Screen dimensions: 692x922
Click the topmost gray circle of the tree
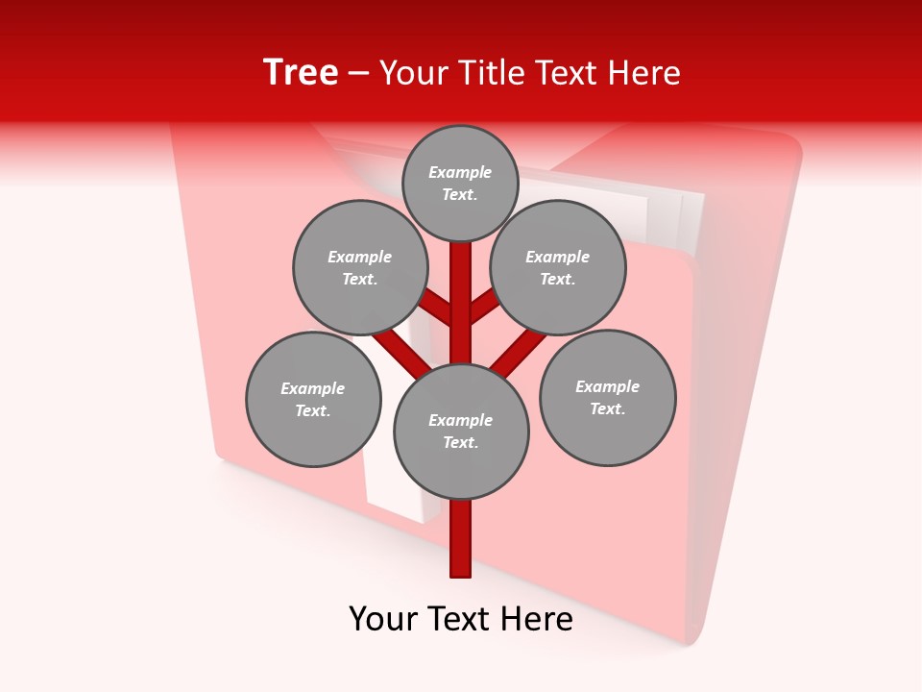pos(460,183)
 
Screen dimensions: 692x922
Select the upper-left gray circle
pos(360,267)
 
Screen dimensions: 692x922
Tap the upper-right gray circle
pos(558,267)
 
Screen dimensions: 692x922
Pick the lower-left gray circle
pos(313,399)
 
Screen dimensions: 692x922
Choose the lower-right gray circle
pos(608,397)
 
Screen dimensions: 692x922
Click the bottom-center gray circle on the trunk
pos(461,432)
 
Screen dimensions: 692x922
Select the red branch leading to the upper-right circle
pos(484,306)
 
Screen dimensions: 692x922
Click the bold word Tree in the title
pos(301,72)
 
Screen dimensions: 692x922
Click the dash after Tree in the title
pos(358,73)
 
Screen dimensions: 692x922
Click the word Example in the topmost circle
pos(460,172)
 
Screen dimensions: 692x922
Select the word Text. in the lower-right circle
pos(607,408)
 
